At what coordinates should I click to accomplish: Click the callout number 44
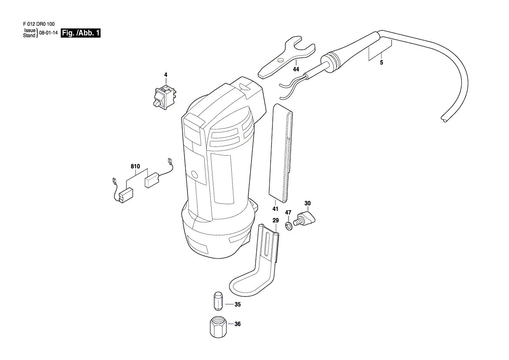[296, 69]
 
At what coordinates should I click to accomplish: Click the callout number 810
[135, 166]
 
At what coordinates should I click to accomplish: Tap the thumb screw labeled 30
[304, 217]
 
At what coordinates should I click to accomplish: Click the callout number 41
[275, 209]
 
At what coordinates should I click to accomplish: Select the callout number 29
[276, 221]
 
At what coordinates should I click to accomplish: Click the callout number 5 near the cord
[381, 63]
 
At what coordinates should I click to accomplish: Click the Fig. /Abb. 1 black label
[81, 33]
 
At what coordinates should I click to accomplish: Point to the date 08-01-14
[48, 33]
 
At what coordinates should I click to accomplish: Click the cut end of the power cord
[443, 119]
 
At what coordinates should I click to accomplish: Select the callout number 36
[238, 324]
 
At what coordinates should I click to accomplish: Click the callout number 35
[238, 305]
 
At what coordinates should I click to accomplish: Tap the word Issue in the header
[30, 31]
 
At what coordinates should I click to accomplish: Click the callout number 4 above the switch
[165, 75]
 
